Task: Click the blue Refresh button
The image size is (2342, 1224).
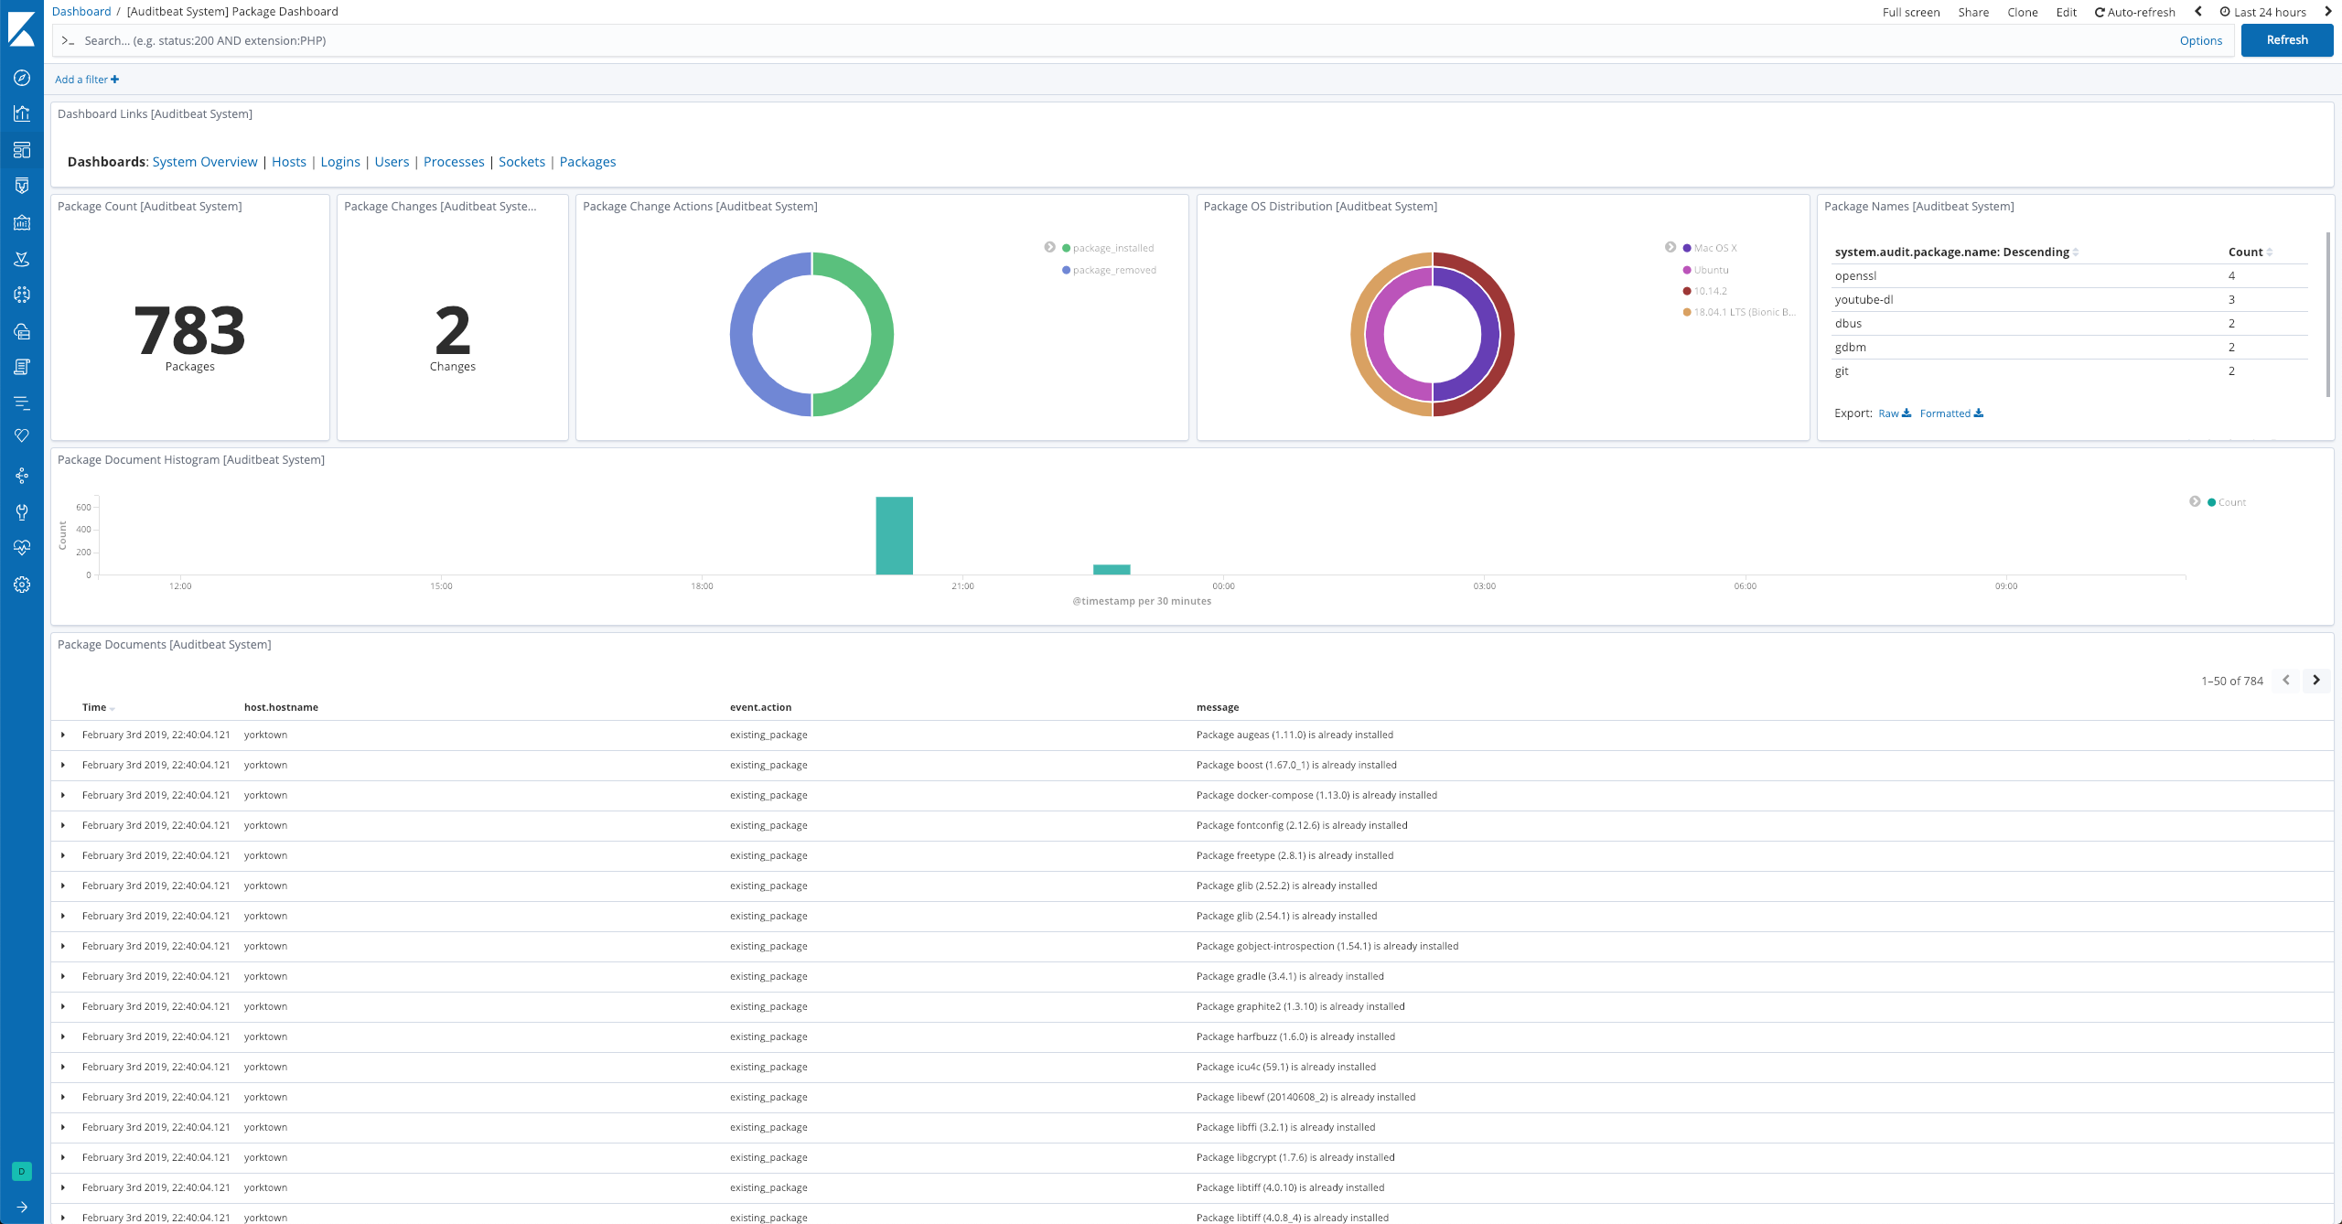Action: pyautogui.click(x=2286, y=40)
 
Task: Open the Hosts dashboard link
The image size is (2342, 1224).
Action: pyautogui.click(x=288, y=162)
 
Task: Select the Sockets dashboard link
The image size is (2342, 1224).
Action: pyautogui.click(x=521, y=162)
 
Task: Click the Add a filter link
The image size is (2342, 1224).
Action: pyautogui.click(x=86, y=80)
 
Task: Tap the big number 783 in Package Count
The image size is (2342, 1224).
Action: pyautogui.click(x=189, y=330)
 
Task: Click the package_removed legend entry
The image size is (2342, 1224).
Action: pyautogui.click(x=1113, y=270)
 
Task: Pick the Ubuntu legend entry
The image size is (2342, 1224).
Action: pyautogui.click(x=1710, y=270)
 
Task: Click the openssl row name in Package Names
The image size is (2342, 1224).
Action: pyautogui.click(x=1854, y=275)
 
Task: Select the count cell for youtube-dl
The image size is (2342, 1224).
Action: pyautogui.click(x=2231, y=299)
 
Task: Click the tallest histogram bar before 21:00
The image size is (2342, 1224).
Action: pyautogui.click(x=894, y=536)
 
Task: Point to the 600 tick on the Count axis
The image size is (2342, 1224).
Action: pyautogui.click(x=83, y=507)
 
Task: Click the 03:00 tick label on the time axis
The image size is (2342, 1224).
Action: pyautogui.click(x=1484, y=585)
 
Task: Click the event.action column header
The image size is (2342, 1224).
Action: pyautogui.click(x=760, y=707)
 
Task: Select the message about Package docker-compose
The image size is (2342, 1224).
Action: pyautogui.click(x=1316, y=795)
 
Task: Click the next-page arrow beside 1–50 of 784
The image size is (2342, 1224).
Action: pyautogui.click(x=2315, y=680)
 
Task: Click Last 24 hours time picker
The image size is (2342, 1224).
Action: pyautogui.click(x=2269, y=12)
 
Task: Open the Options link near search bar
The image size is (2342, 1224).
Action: pyautogui.click(x=2200, y=40)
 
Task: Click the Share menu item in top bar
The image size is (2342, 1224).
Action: pyautogui.click(x=1973, y=12)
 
